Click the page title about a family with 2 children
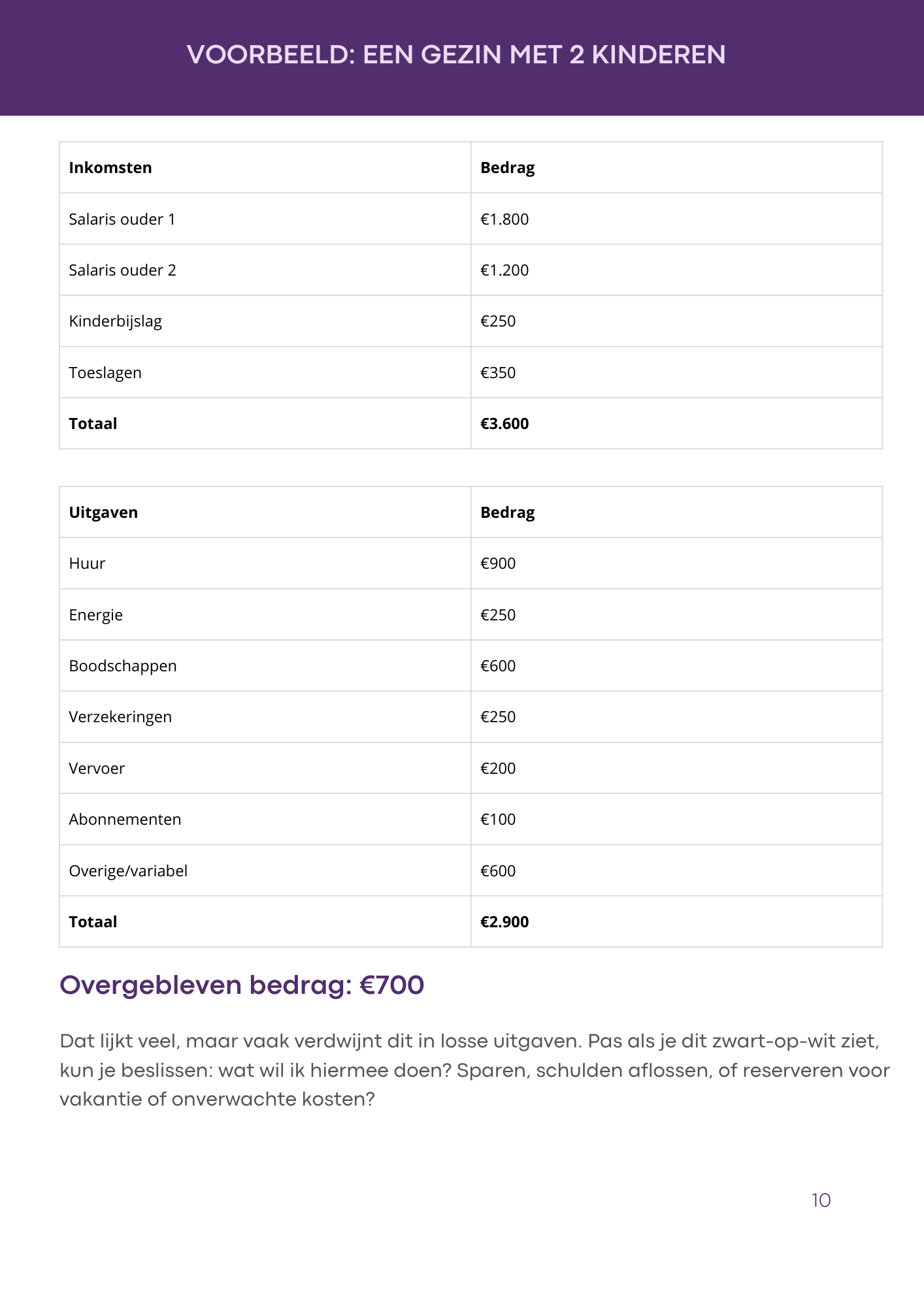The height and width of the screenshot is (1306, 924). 456,55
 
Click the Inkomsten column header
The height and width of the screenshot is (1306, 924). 110,168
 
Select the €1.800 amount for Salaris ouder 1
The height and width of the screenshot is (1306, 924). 504,219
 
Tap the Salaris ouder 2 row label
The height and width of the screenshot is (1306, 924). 122,270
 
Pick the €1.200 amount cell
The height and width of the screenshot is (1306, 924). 504,270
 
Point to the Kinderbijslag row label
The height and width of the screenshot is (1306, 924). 115,321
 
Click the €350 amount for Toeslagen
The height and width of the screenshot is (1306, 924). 498,373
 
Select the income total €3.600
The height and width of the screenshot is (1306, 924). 504,424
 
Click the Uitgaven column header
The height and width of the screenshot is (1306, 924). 103,513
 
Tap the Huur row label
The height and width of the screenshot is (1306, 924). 87,564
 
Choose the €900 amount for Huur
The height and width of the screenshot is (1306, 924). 498,564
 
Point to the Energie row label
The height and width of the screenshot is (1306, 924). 95,615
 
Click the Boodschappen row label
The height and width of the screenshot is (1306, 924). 123,666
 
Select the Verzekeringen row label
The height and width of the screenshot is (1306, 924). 120,717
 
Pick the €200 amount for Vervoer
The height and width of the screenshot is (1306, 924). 498,769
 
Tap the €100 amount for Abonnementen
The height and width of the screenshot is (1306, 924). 498,820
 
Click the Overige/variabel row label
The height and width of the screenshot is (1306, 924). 128,871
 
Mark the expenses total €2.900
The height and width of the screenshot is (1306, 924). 504,922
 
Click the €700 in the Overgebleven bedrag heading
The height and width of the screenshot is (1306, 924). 392,985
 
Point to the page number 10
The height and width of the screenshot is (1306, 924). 821,1200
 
